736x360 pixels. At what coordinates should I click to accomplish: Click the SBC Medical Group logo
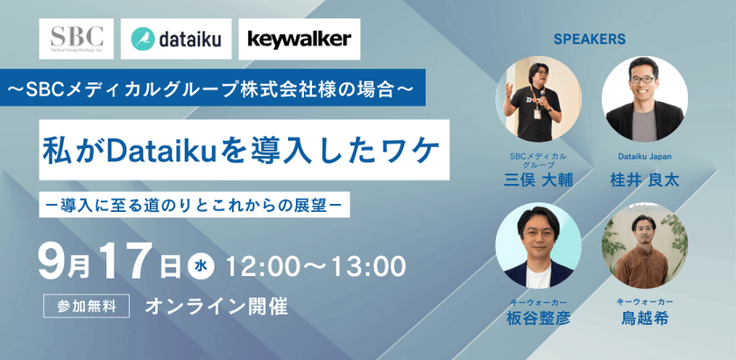(77, 39)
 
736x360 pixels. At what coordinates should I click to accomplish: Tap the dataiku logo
(175, 39)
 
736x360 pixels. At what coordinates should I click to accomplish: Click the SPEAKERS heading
(589, 39)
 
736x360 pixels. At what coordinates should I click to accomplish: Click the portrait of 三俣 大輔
(539, 99)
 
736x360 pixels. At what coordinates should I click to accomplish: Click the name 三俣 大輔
(539, 180)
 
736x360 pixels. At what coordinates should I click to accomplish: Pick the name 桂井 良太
(645, 180)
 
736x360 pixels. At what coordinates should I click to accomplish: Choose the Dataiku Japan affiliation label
(645, 158)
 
